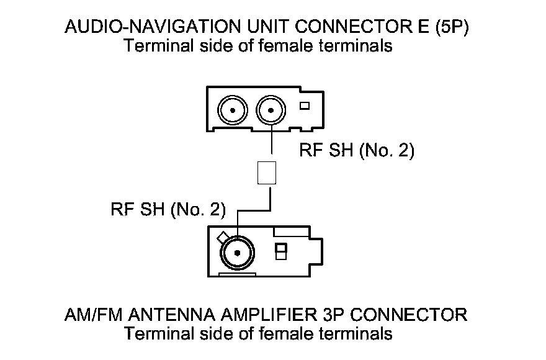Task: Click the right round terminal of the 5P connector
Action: pyautogui.click(x=271, y=111)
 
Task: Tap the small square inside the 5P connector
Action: pyautogui.click(x=304, y=106)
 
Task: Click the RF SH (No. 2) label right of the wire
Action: pyautogui.click(x=356, y=151)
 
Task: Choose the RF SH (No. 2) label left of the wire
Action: pyautogui.click(x=168, y=209)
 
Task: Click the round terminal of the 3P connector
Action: pyautogui.click(x=236, y=253)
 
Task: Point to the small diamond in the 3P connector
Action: pyautogui.click(x=221, y=237)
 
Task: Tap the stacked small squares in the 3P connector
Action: pyautogui.click(x=280, y=251)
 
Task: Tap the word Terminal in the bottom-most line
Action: pyautogui.click(x=158, y=333)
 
